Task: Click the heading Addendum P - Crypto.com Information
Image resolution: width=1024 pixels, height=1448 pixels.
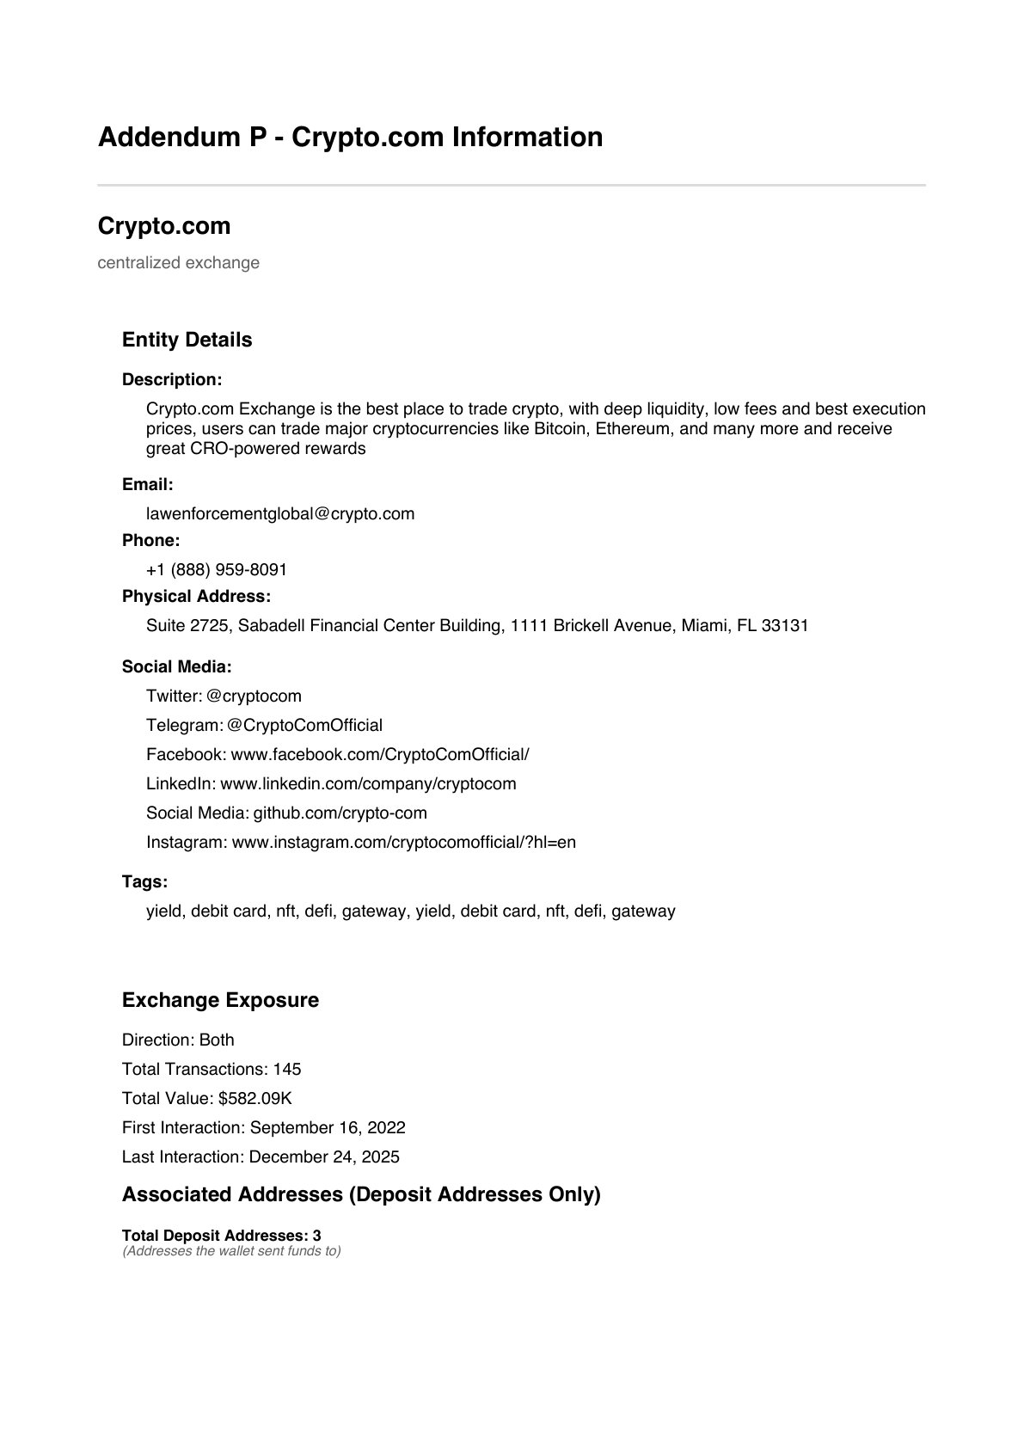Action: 350,138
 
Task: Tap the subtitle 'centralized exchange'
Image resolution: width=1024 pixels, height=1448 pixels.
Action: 178,263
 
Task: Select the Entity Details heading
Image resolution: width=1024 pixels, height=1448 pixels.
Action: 187,341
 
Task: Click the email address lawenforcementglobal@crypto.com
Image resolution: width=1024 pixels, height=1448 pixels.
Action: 280,514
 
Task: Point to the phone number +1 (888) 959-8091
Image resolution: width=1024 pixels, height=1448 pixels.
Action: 217,570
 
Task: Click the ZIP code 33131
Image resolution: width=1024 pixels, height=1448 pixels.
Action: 785,626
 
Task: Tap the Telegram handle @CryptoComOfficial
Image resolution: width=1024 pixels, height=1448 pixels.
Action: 304,726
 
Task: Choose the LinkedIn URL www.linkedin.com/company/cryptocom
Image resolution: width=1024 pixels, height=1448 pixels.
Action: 368,784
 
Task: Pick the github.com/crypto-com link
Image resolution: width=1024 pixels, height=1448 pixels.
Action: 340,813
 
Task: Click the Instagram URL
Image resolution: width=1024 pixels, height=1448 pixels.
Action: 403,843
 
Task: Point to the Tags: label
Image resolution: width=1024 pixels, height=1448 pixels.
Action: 144,882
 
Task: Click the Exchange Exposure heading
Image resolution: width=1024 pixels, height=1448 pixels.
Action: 220,1001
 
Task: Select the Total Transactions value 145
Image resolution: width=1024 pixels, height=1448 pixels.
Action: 287,1070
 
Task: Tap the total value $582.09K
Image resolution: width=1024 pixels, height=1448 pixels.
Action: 255,1099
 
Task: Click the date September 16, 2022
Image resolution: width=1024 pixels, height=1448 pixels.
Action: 328,1128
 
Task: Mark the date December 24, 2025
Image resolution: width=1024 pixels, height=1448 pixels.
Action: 324,1157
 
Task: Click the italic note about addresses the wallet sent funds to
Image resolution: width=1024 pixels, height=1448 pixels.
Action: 231,1251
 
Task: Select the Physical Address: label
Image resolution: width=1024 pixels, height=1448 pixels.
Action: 196,597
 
